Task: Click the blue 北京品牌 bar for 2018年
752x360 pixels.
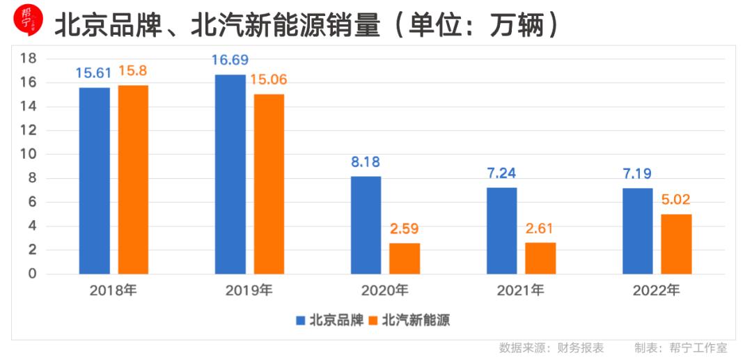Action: [94, 180]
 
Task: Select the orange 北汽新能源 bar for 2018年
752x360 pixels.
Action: [133, 179]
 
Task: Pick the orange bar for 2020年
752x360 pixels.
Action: [405, 258]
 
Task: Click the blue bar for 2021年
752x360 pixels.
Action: [501, 230]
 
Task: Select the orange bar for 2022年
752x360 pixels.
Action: [676, 244]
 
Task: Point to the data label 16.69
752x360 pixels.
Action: [230, 60]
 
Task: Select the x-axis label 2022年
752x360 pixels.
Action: [656, 291]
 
